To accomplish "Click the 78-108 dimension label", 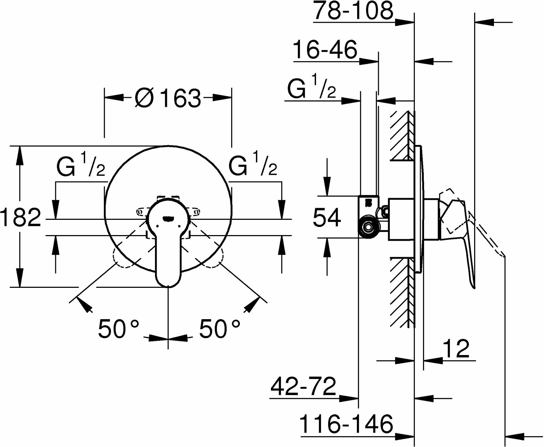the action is [x=353, y=11].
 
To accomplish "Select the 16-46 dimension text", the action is [x=325, y=50].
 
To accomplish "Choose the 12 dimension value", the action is [x=456, y=349].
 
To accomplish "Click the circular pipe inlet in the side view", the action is [x=368, y=226].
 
